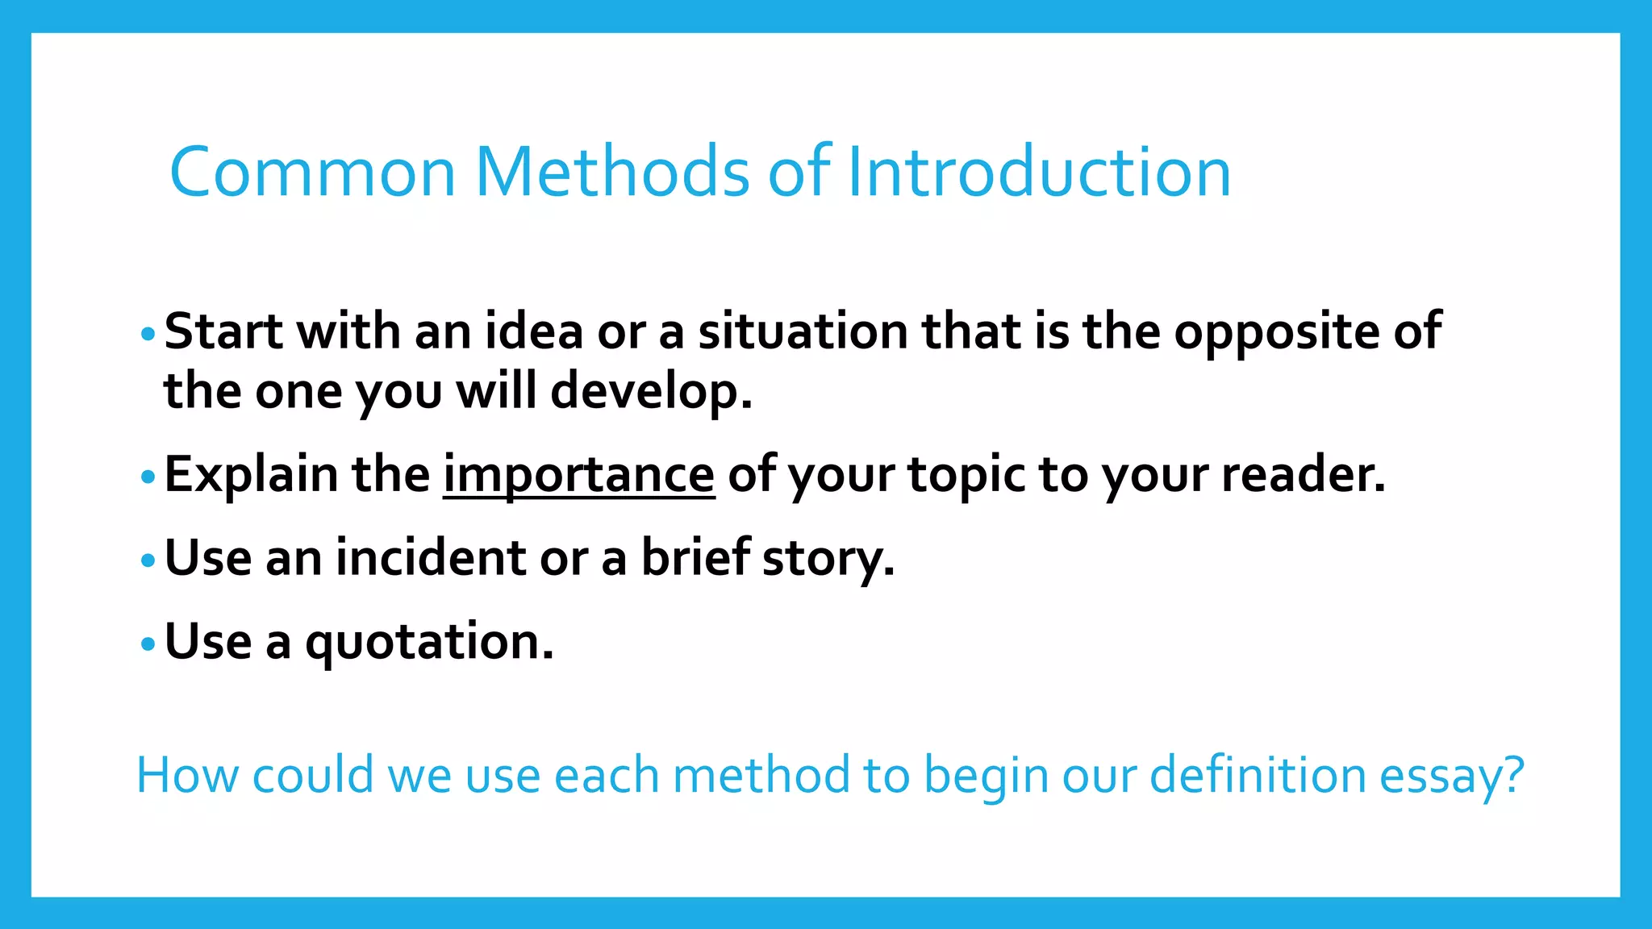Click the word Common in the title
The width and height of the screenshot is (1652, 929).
[x=312, y=172]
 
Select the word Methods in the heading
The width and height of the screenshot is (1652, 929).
[x=613, y=172]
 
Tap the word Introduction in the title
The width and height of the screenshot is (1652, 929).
[x=1039, y=172]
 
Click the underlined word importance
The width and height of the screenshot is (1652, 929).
[x=578, y=475]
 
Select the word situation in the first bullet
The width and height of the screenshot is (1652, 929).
[x=803, y=331]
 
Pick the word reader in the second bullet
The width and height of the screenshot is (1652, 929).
[x=1302, y=475]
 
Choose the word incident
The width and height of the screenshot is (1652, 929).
[x=431, y=558]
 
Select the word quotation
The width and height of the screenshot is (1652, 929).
[x=429, y=643]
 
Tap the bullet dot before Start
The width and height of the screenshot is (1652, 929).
[x=147, y=333]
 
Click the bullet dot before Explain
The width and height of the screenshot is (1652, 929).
[x=147, y=477]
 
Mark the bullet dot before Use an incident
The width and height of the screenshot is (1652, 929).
[x=147, y=560]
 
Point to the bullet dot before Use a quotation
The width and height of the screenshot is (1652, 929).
[x=147, y=644]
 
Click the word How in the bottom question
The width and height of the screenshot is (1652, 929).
[x=187, y=775]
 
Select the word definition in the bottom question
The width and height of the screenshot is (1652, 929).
[x=1257, y=775]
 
